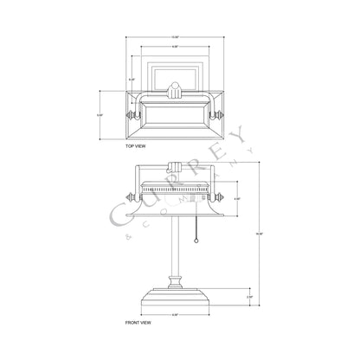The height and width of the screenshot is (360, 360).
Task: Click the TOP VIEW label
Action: (137, 148)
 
